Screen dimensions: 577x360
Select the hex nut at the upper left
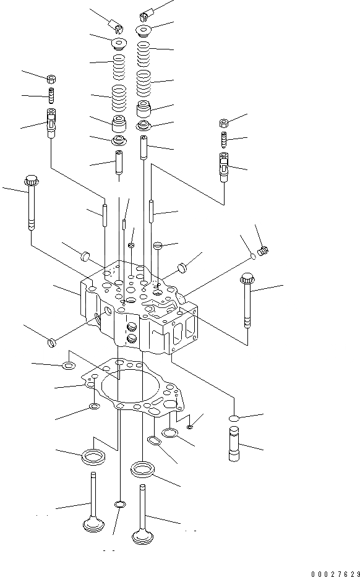52,78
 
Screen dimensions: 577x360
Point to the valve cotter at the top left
114,27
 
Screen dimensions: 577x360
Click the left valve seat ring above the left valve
93,457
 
